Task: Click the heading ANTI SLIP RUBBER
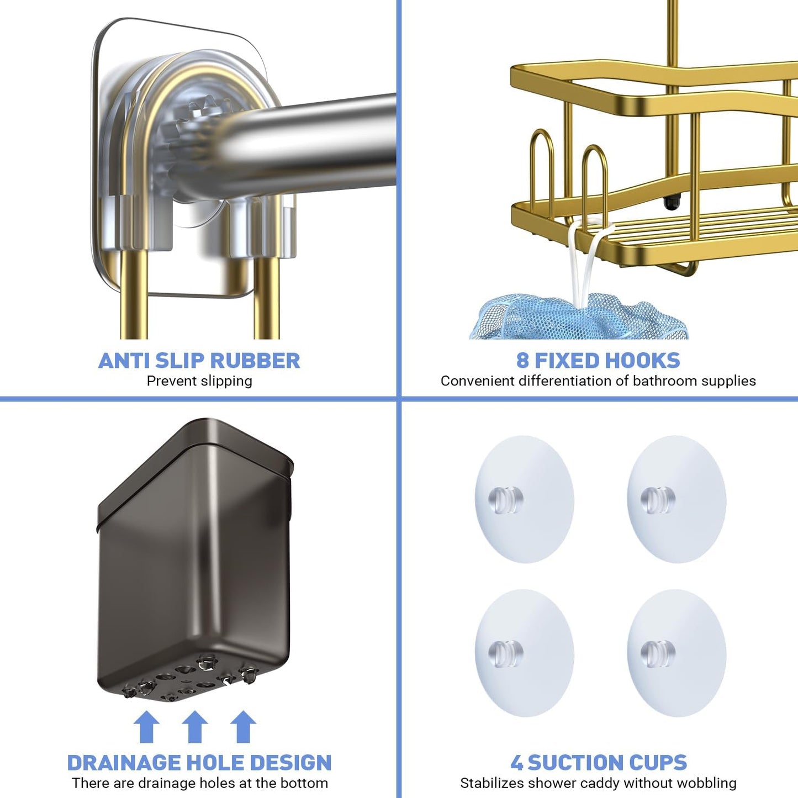(x=199, y=361)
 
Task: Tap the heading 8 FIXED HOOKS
(x=598, y=361)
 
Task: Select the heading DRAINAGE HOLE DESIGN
(x=199, y=763)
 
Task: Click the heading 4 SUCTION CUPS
(x=599, y=763)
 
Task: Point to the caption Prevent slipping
(x=199, y=381)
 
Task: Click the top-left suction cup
(x=524, y=500)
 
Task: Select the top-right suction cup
(x=677, y=500)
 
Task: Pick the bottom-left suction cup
(x=524, y=653)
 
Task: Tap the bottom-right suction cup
(x=677, y=653)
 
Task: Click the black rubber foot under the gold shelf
(x=671, y=203)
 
